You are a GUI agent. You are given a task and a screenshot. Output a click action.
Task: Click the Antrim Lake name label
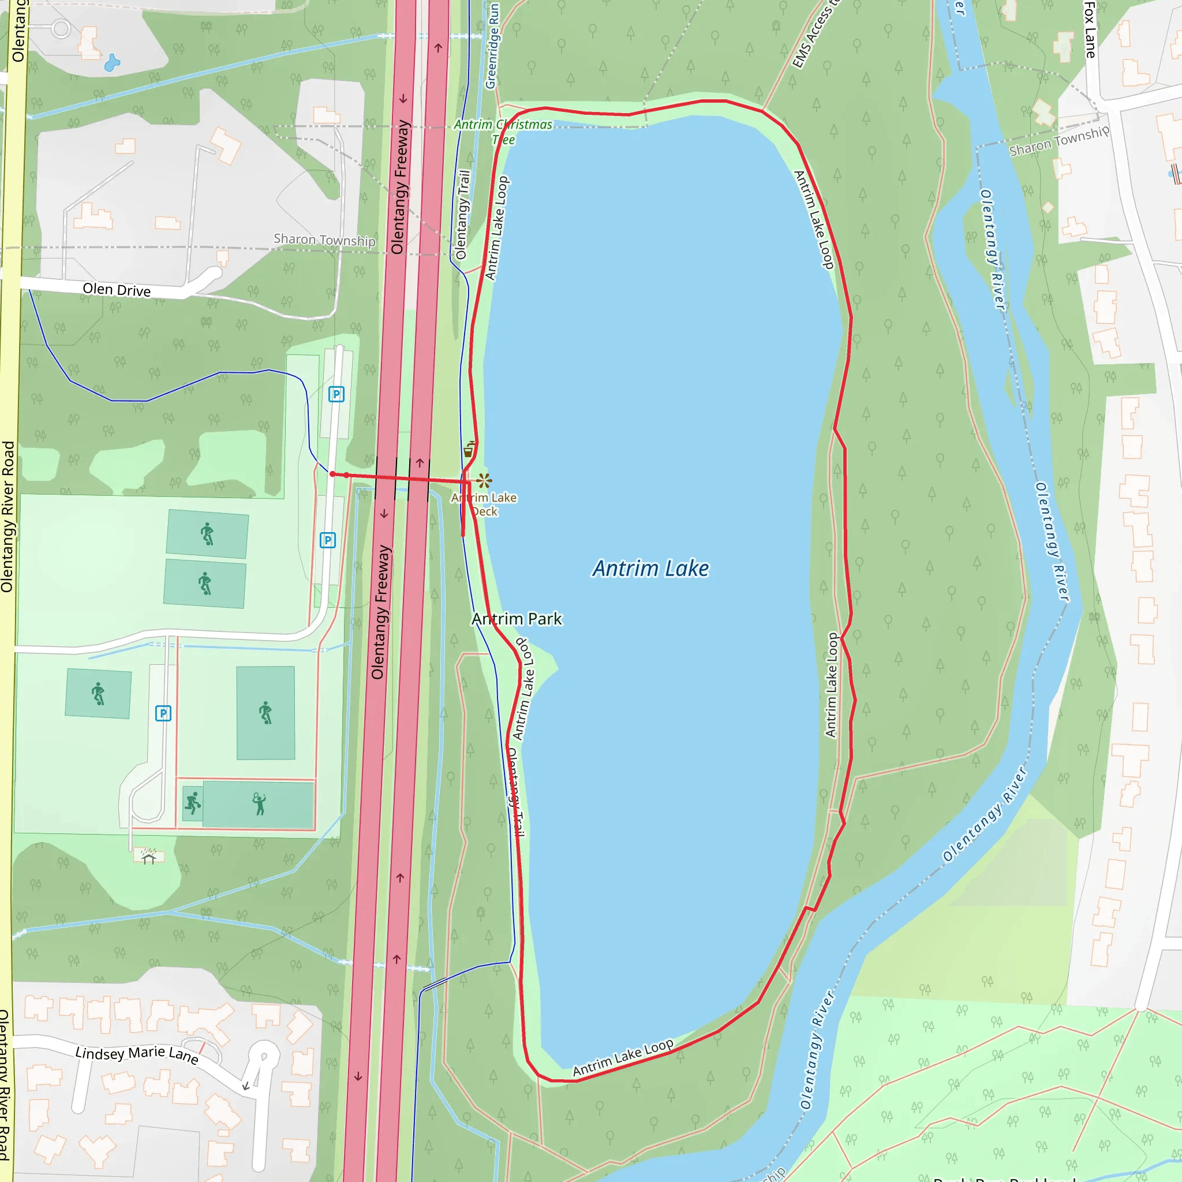coord(650,568)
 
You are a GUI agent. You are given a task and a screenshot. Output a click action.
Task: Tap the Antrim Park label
coord(517,619)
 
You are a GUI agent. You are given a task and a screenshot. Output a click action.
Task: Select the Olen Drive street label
coord(116,289)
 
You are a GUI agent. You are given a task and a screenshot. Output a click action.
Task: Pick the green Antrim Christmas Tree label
coord(503,132)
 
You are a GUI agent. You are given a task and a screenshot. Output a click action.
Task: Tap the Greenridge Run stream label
coord(491,47)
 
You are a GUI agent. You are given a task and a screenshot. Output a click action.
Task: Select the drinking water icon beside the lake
coord(469,450)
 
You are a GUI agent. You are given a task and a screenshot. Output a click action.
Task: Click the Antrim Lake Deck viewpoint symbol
coord(485,480)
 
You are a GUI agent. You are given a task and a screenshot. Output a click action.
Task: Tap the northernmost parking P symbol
coord(336,395)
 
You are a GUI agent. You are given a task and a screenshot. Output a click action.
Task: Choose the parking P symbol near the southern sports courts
coord(163,713)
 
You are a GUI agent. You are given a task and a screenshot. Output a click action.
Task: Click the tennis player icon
coord(259,804)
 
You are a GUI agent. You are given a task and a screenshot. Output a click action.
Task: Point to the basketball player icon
coord(193,803)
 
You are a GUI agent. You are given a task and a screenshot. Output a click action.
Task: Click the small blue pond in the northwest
coord(112,63)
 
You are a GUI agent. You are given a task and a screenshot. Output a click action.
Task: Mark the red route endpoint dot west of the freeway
coord(332,474)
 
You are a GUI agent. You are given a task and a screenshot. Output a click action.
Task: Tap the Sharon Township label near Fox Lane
coord(1058,141)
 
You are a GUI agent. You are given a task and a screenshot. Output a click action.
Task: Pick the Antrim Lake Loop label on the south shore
coord(623,1057)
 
